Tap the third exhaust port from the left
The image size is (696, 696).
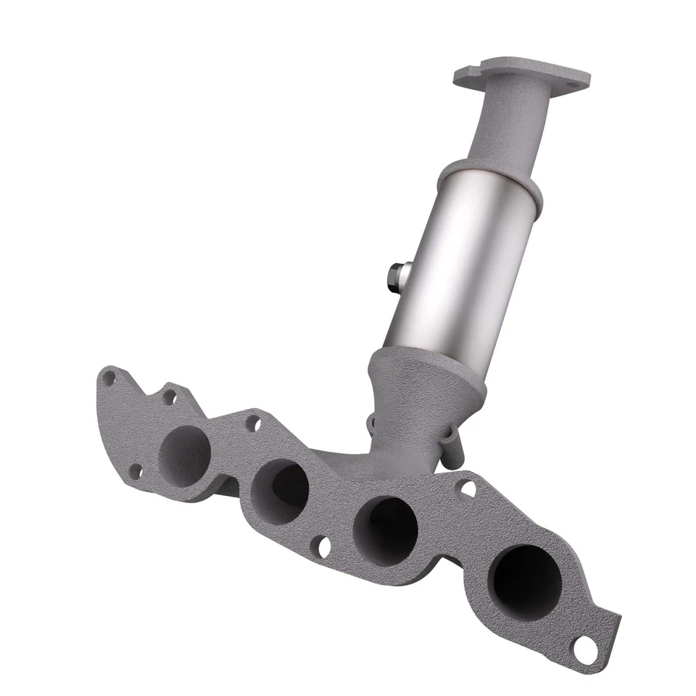(385, 531)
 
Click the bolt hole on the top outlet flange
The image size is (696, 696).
(573, 86)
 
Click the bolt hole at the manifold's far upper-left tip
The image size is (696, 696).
(109, 378)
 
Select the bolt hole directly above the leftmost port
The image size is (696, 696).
(169, 397)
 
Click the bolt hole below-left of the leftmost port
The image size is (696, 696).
(134, 472)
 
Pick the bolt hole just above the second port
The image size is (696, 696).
(253, 423)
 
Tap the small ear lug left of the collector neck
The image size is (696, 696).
(370, 422)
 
